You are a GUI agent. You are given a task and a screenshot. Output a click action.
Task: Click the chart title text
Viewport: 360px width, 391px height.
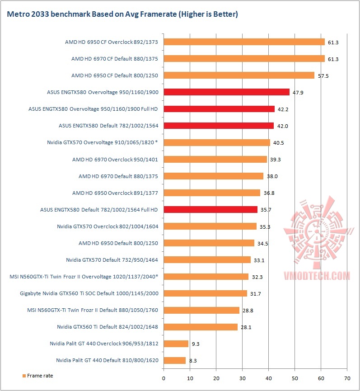tap(122, 14)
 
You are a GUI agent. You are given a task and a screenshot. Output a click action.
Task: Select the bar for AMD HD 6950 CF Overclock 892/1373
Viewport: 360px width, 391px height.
tap(244, 42)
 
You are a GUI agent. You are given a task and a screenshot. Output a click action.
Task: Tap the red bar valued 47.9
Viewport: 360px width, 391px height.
tap(226, 92)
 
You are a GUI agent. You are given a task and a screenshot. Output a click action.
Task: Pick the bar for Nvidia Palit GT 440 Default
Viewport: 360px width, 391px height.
tap(174, 360)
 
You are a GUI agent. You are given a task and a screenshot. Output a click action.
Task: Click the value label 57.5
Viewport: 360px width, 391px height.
tap(323, 75)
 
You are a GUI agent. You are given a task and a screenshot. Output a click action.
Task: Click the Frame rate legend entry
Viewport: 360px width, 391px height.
tap(40, 375)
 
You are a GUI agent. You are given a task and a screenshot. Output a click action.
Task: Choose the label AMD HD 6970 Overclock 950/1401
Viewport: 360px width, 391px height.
tap(115, 159)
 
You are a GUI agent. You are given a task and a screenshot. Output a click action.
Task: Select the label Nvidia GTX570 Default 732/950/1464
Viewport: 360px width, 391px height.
tap(112, 259)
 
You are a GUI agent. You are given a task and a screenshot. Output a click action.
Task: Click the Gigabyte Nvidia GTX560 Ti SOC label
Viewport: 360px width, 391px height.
tap(89, 293)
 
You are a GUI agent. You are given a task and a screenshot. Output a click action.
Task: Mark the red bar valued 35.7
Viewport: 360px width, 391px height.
tap(210, 209)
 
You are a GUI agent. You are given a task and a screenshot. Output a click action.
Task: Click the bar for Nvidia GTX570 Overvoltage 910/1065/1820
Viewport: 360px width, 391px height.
tap(217, 142)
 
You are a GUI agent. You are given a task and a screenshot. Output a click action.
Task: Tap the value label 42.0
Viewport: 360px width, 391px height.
tap(282, 126)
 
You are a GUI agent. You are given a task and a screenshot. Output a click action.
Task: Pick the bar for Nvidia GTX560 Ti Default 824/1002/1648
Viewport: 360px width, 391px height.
tap(201, 327)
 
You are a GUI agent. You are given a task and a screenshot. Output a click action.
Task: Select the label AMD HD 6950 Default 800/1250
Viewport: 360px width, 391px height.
tap(118, 243)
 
